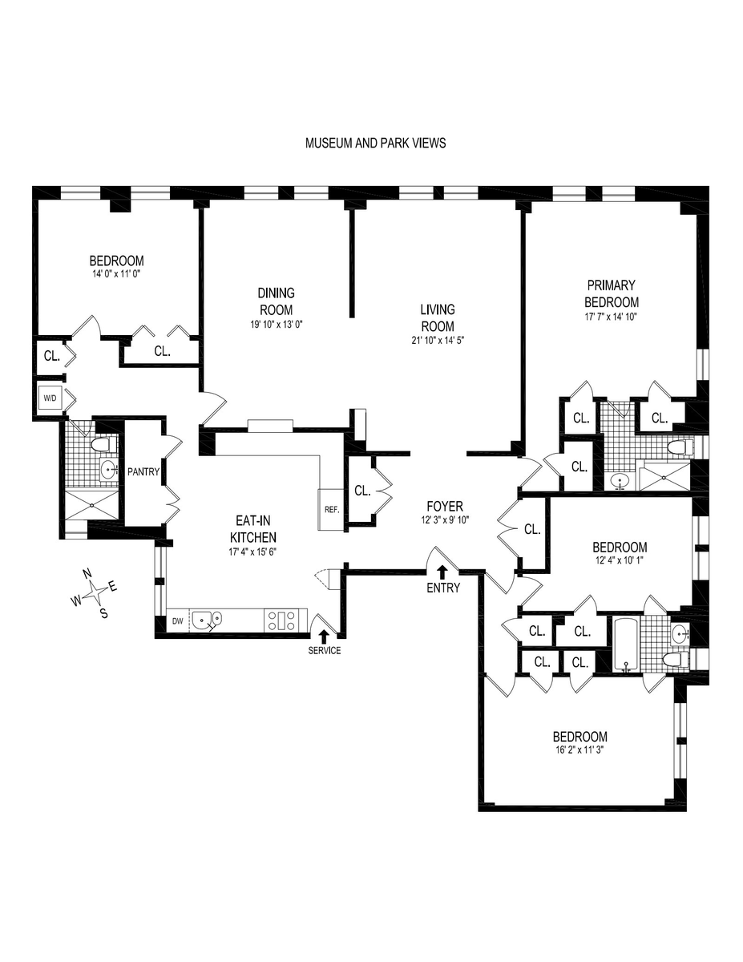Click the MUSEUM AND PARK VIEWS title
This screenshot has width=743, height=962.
375,143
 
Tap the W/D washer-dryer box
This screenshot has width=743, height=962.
50,398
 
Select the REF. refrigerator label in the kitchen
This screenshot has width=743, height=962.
332,510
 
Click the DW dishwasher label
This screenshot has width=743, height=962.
177,621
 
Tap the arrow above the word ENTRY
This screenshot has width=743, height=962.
442,572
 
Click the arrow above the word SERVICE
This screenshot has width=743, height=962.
324,637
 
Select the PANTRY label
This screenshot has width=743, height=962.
143,472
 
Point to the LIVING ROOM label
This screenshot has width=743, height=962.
438,317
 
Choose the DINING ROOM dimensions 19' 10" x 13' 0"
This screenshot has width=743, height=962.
277,325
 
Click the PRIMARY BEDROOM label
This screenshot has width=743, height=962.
612,293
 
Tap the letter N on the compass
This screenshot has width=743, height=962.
87,574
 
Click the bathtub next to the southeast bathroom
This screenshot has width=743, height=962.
625,645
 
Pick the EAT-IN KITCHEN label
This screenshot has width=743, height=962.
253,528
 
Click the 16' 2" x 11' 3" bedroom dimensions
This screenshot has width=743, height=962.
579,750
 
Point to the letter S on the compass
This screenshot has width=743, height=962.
104,613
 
